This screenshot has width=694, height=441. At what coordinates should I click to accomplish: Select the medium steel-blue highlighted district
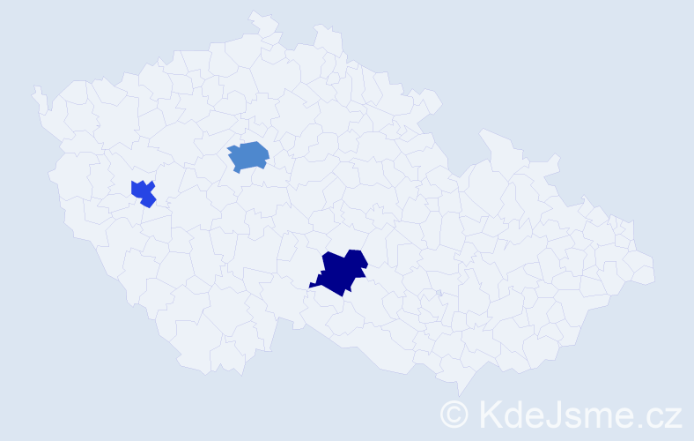click(249, 155)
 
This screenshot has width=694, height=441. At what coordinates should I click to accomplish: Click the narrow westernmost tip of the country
click(37, 91)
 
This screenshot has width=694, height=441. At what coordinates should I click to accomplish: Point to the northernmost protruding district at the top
click(260, 19)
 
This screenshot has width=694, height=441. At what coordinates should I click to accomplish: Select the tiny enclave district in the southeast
click(438, 294)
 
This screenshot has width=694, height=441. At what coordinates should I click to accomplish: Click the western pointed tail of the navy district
click(314, 285)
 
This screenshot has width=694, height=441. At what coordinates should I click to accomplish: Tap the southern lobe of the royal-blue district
click(148, 201)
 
